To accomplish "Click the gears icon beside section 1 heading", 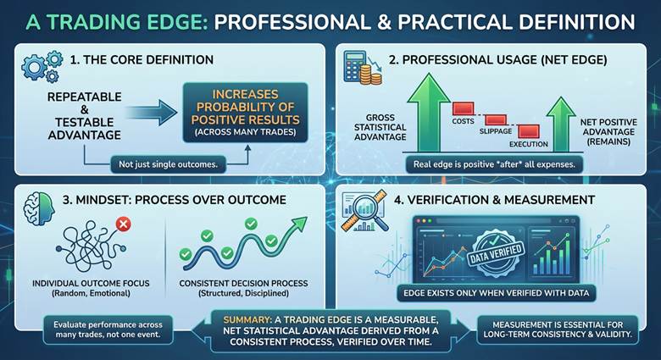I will pyautogui.click(x=42, y=66).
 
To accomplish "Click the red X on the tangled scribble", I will pyautogui.click(x=124, y=225).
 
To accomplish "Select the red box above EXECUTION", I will pyautogui.click(x=529, y=131).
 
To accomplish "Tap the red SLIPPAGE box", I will pyautogui.click(x=496, y=120).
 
